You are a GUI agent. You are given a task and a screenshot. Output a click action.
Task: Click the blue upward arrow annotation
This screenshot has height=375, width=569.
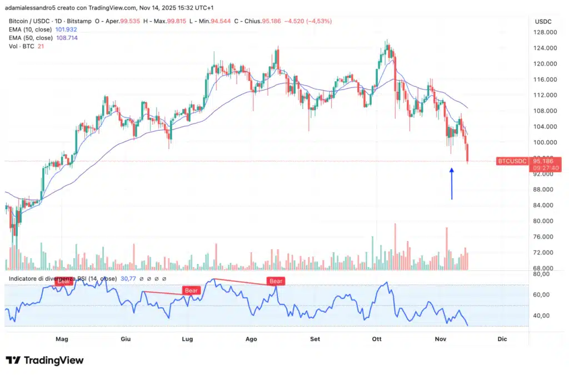click(452, 184)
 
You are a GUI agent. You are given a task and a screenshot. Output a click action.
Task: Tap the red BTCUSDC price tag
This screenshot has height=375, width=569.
click(511, 161)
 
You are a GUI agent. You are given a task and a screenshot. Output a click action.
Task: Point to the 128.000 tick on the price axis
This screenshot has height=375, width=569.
click(546, 32)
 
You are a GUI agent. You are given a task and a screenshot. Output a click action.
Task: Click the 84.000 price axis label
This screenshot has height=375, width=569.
click(546, 205)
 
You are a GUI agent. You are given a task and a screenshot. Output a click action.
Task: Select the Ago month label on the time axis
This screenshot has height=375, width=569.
click(251, 339)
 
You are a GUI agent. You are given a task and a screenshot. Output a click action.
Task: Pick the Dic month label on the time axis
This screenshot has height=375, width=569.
click(502, 339)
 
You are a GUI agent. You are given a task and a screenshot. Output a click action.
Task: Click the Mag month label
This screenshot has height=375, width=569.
click(62, 339)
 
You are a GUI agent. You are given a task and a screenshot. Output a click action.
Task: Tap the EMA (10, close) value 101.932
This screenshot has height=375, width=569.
click(66, 29)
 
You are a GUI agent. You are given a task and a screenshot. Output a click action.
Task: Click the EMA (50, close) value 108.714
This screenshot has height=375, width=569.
click(66, 38)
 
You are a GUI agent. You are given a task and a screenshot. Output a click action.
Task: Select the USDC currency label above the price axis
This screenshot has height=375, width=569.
click(543, 21)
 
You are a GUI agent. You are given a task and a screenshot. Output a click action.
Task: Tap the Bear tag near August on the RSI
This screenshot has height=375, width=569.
click(276, 282)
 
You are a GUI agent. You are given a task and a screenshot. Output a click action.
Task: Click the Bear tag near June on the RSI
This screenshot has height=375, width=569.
click(191, 290)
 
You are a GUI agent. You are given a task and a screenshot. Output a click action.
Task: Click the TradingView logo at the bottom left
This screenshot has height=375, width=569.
click(44, 360)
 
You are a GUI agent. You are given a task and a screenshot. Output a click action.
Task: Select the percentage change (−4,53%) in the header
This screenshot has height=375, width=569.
click(316, 21)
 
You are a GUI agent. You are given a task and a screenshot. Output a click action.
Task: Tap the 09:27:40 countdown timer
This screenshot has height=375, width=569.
click(546, 167)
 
